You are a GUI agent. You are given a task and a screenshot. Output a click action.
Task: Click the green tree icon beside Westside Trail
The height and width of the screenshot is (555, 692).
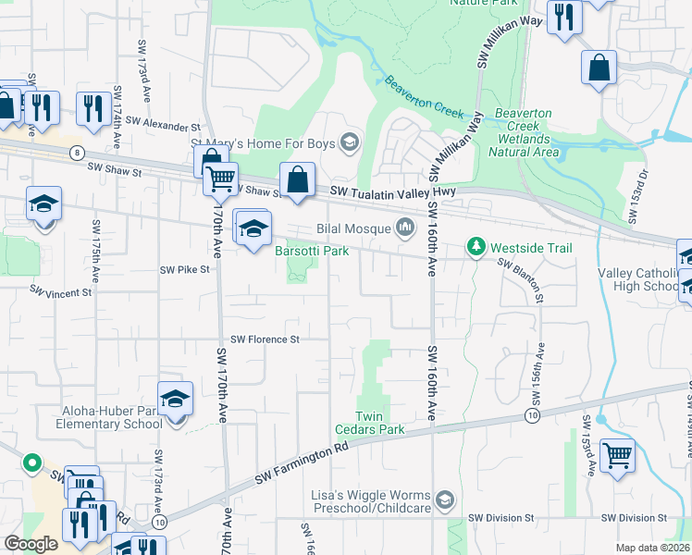476,247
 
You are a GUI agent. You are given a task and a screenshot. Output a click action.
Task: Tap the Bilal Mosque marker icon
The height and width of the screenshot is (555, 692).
405,227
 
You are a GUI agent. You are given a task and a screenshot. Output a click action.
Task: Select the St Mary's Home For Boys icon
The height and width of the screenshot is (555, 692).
350,142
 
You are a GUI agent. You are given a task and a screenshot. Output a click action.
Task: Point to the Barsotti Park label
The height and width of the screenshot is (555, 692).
311,251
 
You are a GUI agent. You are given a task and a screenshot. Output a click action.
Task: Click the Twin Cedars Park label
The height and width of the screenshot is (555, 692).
380,429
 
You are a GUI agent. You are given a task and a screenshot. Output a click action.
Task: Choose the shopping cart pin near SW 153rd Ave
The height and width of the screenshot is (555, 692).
616,455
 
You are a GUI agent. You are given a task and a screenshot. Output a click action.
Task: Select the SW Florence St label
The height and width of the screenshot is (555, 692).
266,339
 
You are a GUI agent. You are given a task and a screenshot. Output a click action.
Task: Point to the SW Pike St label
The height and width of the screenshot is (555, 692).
185,270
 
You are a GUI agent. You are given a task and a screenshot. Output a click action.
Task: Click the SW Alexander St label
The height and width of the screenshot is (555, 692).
164,123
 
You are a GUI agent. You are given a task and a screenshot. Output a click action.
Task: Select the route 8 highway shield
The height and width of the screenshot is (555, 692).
76,152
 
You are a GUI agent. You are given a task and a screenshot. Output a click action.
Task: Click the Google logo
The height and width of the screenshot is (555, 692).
31,543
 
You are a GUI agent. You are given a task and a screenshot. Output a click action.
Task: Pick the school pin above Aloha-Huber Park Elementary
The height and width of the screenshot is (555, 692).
175,399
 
